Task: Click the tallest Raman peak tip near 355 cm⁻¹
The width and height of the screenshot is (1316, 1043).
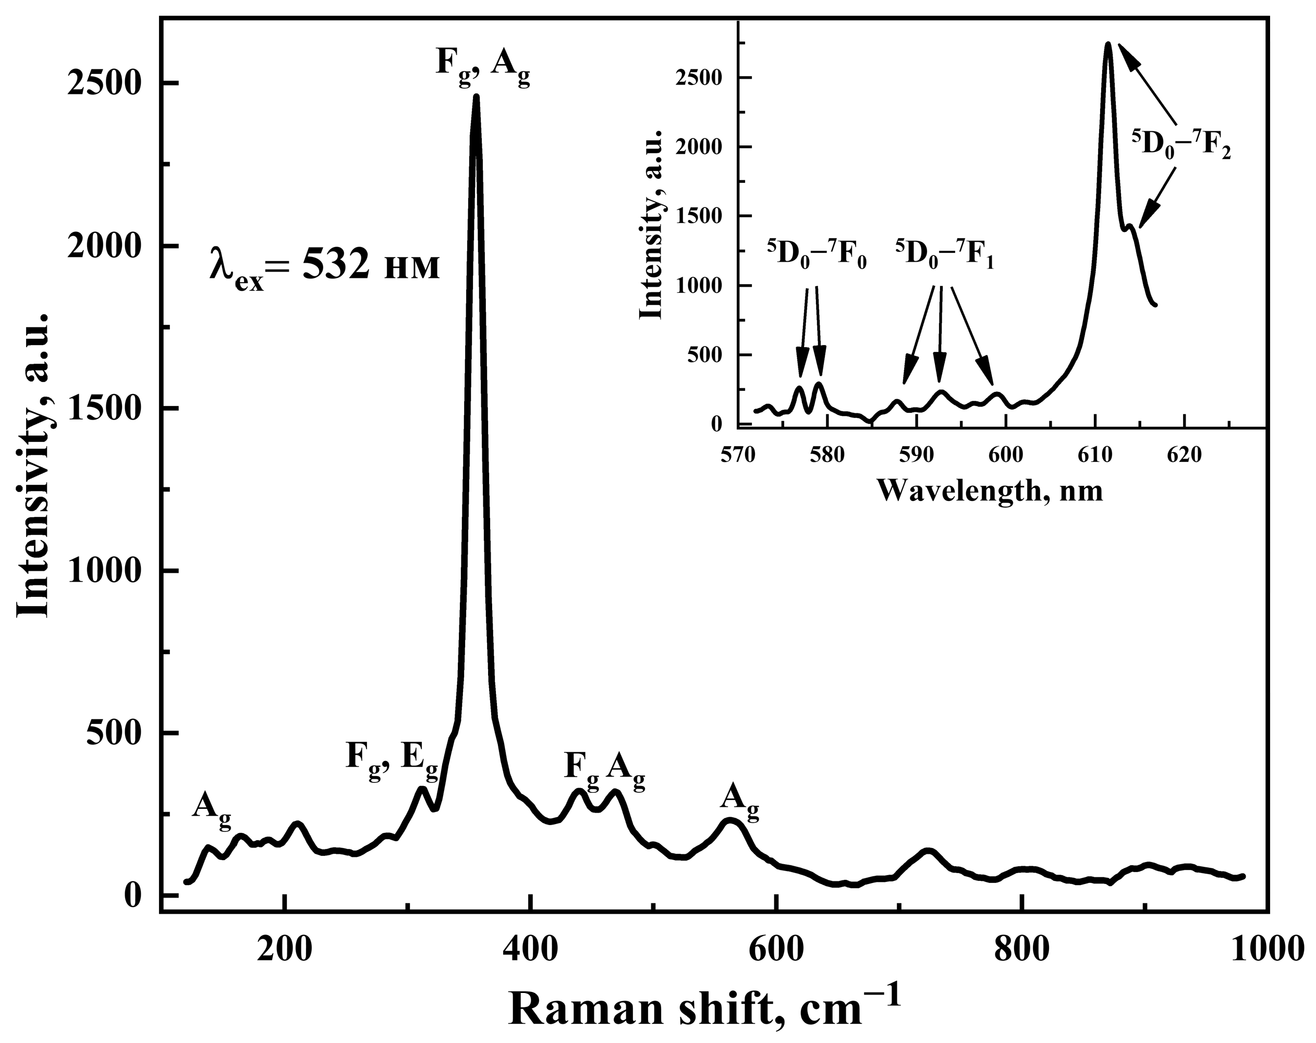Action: click(x=476, y=96)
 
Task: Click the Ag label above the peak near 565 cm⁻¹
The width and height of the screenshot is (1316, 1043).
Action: click(x=740, y=800)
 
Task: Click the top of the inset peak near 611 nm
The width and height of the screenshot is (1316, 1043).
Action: click(x=1108, y=44)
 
